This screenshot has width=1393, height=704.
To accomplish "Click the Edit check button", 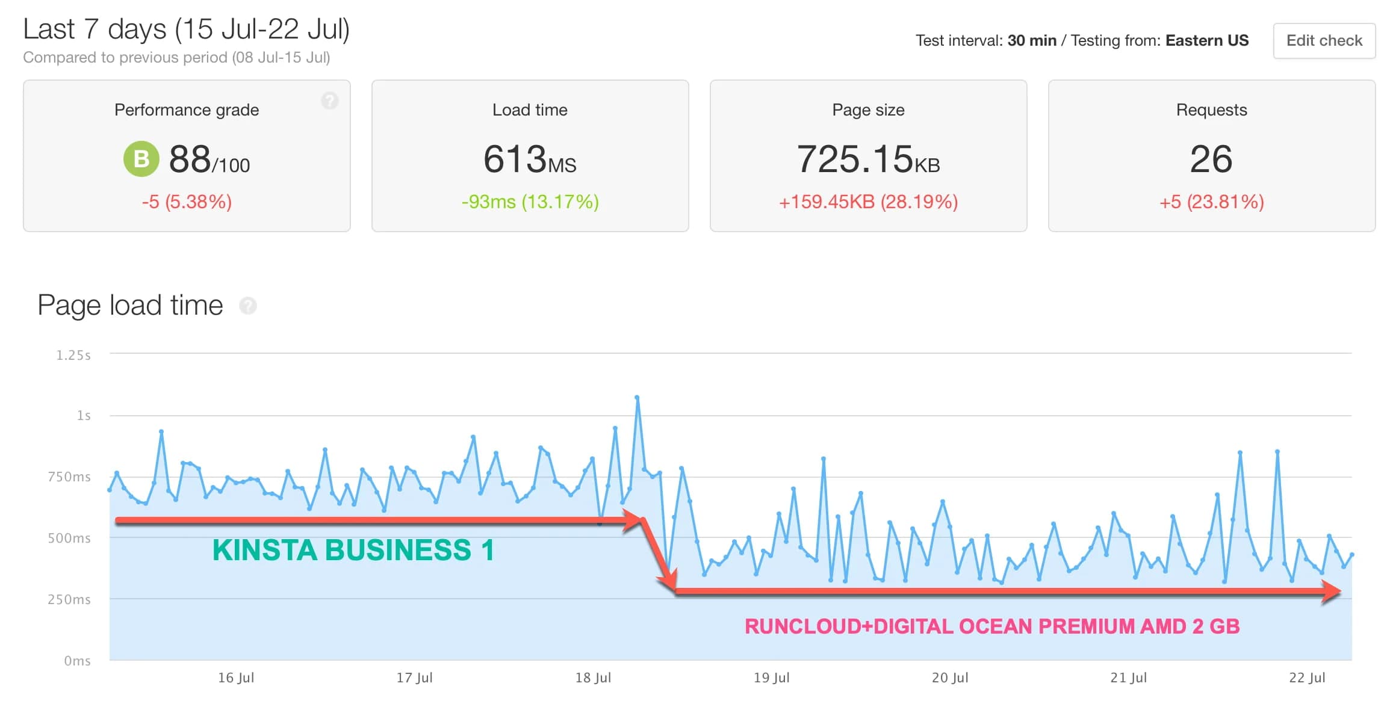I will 1324,41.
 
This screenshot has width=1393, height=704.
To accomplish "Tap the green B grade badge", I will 141,159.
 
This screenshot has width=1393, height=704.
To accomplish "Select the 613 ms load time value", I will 529,159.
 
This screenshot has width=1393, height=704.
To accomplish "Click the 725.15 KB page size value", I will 867,159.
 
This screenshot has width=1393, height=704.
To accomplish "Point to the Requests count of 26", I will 1211,159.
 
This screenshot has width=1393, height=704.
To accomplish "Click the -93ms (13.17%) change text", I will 530,202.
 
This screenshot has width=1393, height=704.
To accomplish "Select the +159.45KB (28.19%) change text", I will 868,202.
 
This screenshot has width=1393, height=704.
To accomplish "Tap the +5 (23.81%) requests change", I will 1211,202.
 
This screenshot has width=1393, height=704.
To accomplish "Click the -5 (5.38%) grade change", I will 187,202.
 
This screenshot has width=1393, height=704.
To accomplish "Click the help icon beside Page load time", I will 248,306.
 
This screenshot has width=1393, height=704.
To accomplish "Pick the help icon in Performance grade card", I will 329,100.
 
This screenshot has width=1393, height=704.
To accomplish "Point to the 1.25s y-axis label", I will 73,356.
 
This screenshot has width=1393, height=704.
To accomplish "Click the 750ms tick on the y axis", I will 69,477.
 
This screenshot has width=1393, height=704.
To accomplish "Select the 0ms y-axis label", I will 77,661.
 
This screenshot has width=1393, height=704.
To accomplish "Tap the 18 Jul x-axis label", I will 593,678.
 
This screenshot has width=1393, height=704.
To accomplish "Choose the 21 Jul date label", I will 1128,678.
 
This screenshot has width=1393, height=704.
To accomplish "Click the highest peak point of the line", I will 637,398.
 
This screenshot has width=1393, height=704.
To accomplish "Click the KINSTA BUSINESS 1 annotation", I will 353,550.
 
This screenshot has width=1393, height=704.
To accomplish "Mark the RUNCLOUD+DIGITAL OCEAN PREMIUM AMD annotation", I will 992,626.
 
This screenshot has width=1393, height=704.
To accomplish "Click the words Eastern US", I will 1207,41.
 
